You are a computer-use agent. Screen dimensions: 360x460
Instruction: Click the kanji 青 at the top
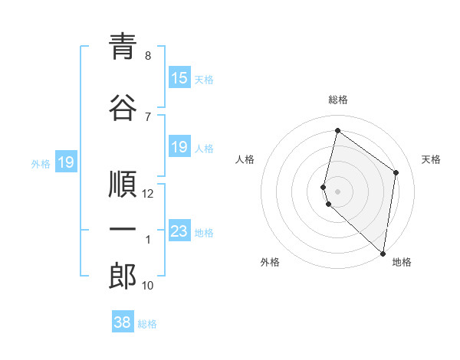coord(123,47)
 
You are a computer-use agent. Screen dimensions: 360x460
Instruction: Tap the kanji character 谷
coord(123,108)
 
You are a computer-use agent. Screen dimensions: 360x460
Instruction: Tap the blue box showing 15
coord(179,78)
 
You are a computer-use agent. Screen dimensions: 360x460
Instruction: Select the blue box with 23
coord(179,231)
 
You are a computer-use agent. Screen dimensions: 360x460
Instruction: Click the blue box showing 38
coord(122,322)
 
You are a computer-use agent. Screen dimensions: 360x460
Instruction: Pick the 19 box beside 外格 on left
coord(65,162)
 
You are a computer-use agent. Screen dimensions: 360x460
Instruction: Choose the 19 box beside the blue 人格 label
coord(179,147)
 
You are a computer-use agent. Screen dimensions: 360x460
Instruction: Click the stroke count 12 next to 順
coord(148,194)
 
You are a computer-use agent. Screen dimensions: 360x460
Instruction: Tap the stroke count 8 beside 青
coord(148,55)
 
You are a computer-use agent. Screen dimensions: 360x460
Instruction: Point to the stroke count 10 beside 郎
coord(148,286)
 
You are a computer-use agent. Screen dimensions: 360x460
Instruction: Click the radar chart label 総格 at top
coord(337,100)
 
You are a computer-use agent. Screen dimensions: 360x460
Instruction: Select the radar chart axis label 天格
coord(431,159)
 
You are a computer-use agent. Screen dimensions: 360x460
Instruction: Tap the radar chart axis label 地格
coord(402,263)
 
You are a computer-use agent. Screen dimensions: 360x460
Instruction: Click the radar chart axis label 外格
coord(270,263)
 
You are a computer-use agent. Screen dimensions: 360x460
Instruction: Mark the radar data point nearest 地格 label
coord(383,254)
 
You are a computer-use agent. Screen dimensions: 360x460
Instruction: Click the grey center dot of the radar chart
coord(337,191)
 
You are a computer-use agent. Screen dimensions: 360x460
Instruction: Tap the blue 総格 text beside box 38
coord(147,324)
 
